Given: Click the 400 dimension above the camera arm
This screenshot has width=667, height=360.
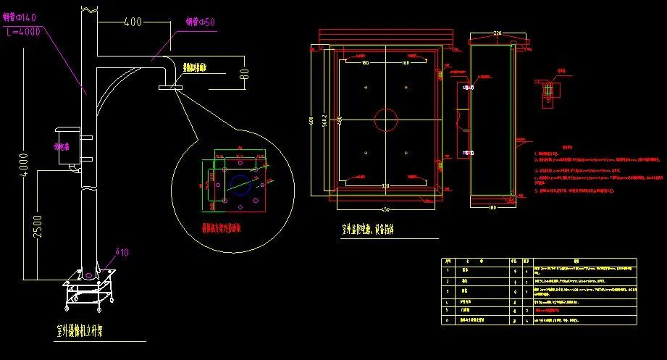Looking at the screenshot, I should pyautogui.click(x=133, y=22).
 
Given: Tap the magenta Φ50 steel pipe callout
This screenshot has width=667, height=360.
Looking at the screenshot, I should pyautogui.click(x=201, y=22).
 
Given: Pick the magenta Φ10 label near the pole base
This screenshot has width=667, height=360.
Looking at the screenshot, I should pyautogui.click(x=121, y=252).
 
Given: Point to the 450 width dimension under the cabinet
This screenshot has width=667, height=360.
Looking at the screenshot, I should pyautogui.click(x=386, y=209).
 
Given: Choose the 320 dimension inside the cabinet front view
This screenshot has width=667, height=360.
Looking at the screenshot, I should pyautogui.click(x=386, y=187).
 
